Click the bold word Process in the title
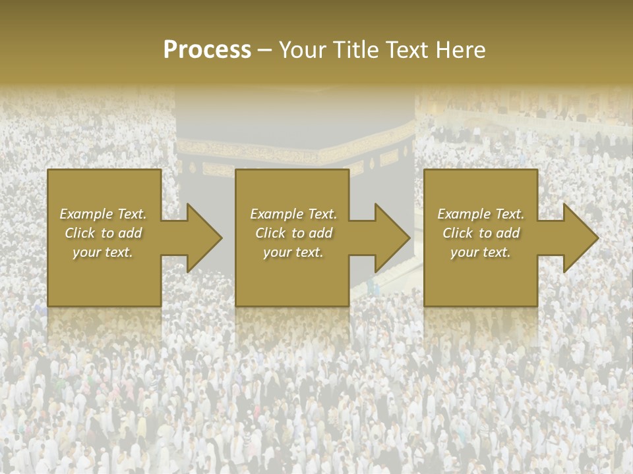[x=207, y=50]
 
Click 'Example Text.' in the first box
[x=103, y=214]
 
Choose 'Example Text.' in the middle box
[x=293, y=214]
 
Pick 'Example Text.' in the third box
[x=481, y=214]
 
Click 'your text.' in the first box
[x=103, y=252]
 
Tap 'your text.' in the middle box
[x=293, y=252]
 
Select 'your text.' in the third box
[x=481, y=252]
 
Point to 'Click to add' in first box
[x=103, y=233]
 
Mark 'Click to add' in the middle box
[x=293, y=233]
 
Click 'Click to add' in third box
[x=481, y=233]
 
